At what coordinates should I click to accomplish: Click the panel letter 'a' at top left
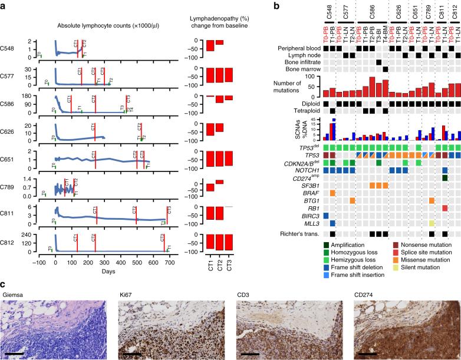(4, 5)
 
